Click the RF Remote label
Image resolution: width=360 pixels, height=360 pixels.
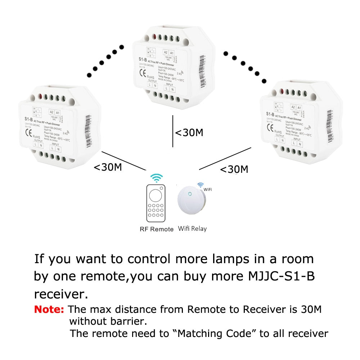click(x=157, y=229)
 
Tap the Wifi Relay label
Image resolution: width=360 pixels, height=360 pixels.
click(x=193, y=228)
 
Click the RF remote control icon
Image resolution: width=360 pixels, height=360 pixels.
click(x=156, y=203)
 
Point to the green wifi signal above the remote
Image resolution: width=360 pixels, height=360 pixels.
click(x=156, y=177)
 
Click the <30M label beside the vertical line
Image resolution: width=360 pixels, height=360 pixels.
click(x=189, y=132)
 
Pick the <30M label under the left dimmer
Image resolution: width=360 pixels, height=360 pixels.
click(x=108, y=167)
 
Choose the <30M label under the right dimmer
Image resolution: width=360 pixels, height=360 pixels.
click(x=234, y=169)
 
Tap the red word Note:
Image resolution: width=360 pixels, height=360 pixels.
click(x=49, y=309)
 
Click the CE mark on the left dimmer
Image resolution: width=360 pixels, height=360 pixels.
click(x=28, y=131)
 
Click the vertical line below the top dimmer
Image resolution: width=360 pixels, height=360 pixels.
click(x=173, y=131)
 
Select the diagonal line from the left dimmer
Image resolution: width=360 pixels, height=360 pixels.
click(x=123, y=160)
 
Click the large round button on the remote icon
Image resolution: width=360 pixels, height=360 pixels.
click(x=156, y=195)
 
